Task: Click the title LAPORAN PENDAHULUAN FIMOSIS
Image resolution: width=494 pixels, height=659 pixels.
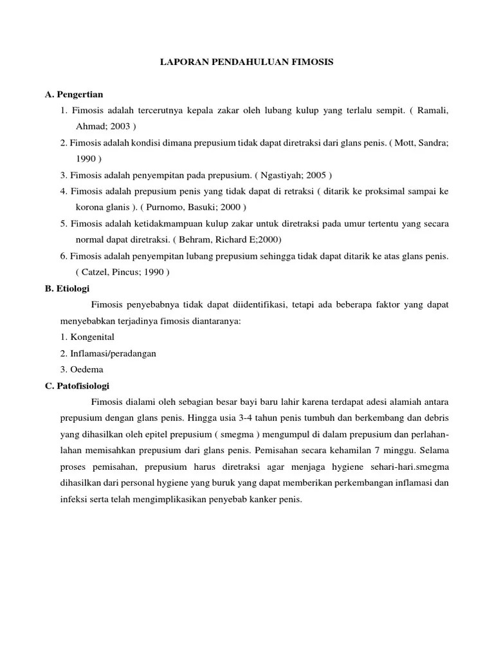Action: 247,62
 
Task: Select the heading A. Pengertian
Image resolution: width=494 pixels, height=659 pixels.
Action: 74,95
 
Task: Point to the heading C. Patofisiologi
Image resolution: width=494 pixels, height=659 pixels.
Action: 77,385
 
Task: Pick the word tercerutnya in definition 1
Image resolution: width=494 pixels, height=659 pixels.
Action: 163,111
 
